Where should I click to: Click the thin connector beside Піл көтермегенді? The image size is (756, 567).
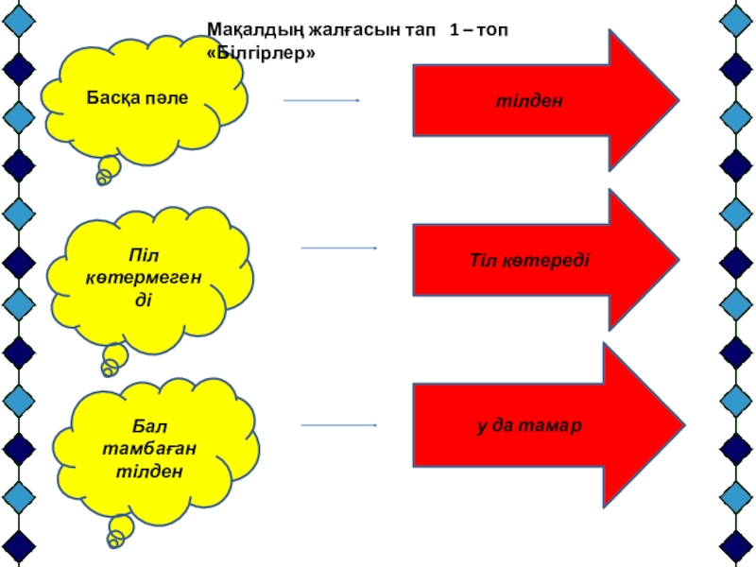point(338,249)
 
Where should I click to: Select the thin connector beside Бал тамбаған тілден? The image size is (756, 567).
point(338,425)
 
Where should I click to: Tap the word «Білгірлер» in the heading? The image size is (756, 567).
point(260,55)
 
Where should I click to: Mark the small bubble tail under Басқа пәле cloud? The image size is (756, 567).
point(108,171)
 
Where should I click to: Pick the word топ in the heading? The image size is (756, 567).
point(490,32)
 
